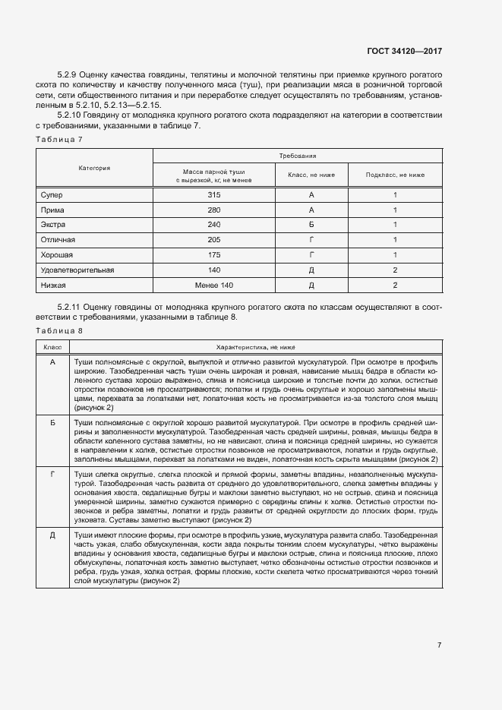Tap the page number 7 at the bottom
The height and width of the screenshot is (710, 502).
click(440, 645)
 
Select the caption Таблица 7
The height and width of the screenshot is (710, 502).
click(59, 139)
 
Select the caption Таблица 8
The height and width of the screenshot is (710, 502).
click(59, 330)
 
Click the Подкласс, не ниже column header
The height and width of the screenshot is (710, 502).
click(395, 175)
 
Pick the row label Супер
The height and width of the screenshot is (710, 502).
click(52, 195)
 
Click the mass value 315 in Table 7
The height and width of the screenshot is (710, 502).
click(213, 195)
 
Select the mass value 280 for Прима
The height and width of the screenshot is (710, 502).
click(213, 210)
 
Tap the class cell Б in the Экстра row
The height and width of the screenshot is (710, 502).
click(311, 225)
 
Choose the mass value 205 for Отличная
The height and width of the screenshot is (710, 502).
click(213, 240)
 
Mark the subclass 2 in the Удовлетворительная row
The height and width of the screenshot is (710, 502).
click(395, 270)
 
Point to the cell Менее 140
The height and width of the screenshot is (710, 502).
click(213, 285)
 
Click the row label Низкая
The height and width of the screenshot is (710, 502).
click(54, 285)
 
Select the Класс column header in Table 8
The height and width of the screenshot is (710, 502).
click(52, 346)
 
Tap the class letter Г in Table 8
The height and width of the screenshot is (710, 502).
click(52, 473)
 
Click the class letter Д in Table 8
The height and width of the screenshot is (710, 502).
click(52, 535)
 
